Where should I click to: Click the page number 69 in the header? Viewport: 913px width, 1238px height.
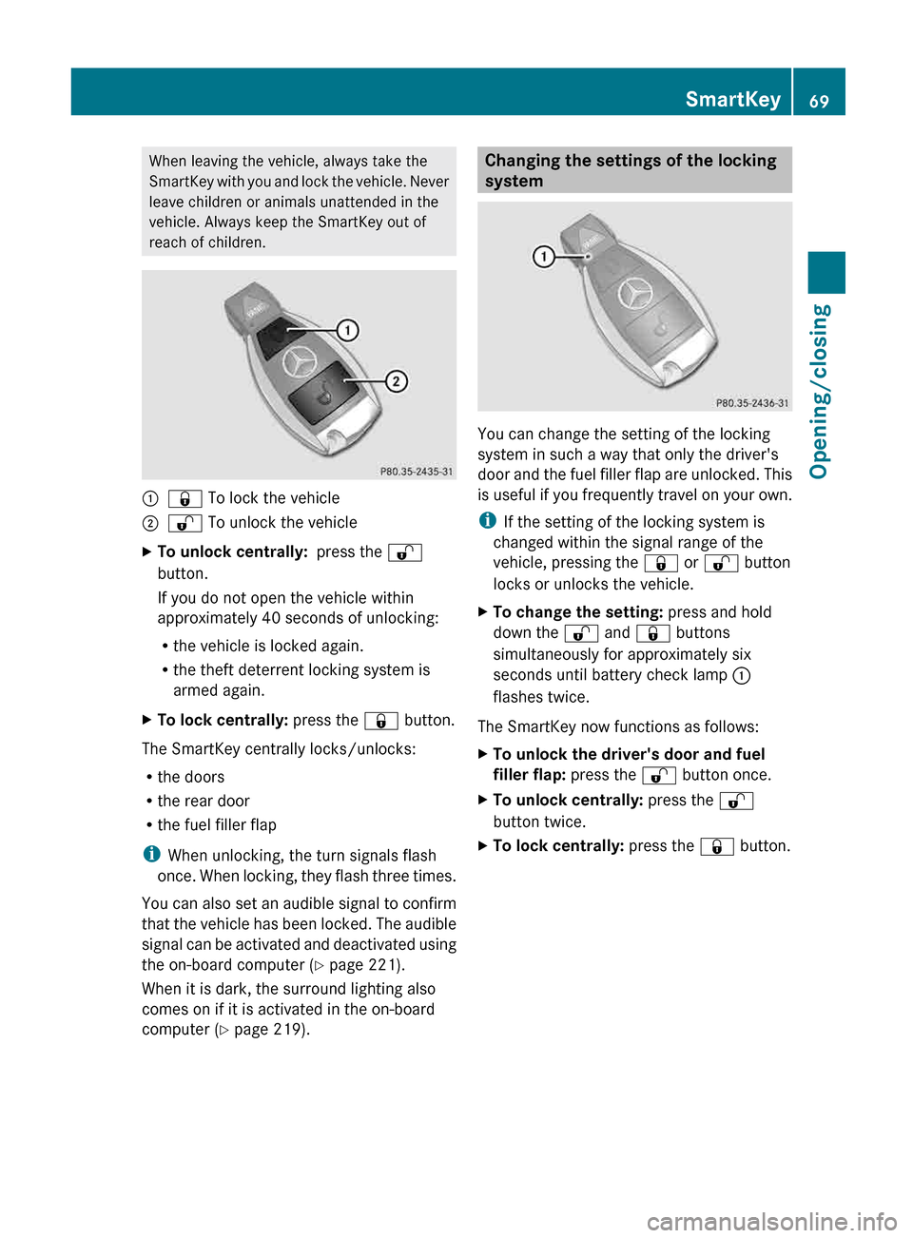pos(819,101)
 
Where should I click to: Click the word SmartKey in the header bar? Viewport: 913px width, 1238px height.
pos(732,99)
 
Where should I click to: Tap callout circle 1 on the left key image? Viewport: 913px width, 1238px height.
pos(348,330)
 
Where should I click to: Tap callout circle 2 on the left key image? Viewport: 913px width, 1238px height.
pos(396,381)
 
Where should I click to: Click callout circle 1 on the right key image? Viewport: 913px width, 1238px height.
pos(543,257)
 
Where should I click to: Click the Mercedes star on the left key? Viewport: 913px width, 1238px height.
pos(301,362)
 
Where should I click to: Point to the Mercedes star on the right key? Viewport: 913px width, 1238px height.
pos(634,293)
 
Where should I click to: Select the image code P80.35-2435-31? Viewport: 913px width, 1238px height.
pos(417,472)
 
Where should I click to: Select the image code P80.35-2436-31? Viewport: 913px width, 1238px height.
pos(751,403)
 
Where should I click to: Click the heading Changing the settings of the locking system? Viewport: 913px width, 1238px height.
pos(631,170)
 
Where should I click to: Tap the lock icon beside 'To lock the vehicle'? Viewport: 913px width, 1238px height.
pos(185,498)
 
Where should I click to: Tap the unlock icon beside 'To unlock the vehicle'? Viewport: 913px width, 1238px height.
pos(185,523)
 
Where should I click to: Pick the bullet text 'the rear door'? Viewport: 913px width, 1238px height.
pos(204,802)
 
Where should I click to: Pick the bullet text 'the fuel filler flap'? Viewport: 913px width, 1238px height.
pos(217,825)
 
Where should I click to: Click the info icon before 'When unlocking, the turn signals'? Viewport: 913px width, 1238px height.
pos(149,855)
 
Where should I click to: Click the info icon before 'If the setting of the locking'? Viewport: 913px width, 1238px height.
pos(486,521)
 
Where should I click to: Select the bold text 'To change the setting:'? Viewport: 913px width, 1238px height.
pos(577,612)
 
